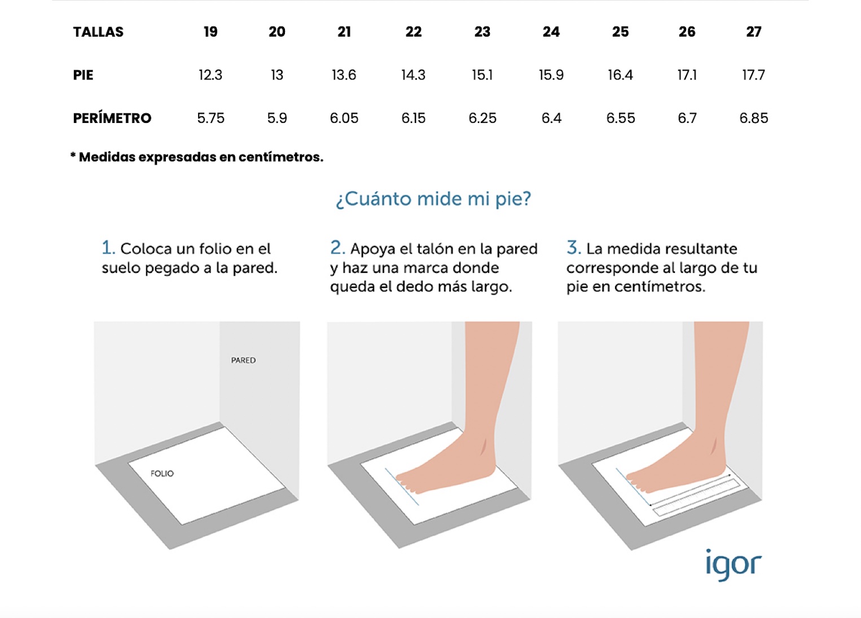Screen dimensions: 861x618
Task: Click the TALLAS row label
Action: [98, 32]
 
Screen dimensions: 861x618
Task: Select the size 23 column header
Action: [482, 32]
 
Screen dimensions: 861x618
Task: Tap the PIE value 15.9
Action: [551, 75]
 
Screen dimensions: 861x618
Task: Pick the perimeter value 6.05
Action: [344, 118]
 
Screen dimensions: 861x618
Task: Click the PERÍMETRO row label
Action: [112, 117]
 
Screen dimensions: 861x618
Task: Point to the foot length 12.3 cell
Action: [210, 75]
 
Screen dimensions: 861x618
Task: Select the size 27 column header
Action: [753, 32]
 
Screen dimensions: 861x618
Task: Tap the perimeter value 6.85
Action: [753, 118]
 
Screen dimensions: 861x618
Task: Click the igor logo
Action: [733, 565]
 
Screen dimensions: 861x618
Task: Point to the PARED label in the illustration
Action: [243, 360]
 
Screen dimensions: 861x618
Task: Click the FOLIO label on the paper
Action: [162, 474]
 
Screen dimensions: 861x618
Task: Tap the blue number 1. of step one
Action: [108, 248]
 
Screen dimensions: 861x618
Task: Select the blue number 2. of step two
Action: [337, 248]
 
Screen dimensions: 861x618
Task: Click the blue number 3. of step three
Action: [573, 248]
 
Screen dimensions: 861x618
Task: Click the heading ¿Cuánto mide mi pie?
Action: [433, 200]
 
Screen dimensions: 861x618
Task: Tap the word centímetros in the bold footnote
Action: [281, 157]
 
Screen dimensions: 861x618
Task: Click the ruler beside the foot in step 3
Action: [696, 497]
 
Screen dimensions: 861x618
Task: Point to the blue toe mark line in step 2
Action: [402, 487]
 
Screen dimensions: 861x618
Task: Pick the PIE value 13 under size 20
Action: [276, 75]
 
